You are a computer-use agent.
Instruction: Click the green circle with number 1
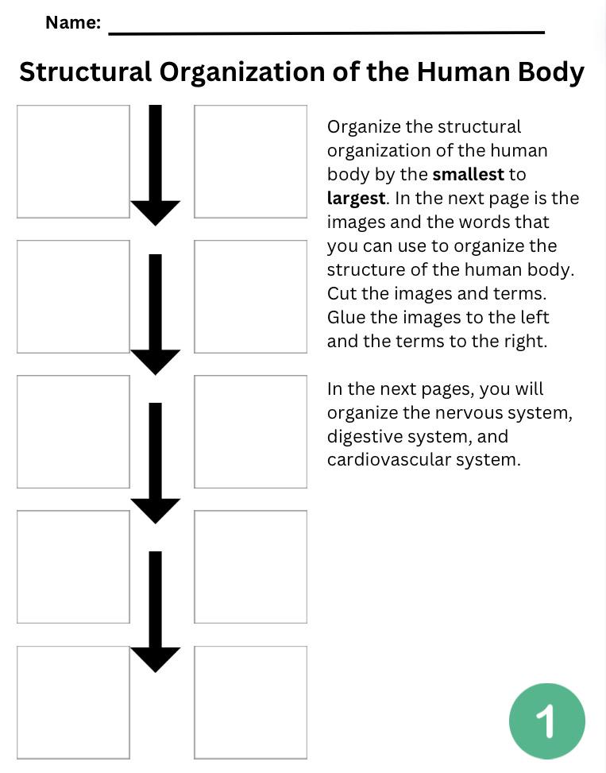click(546, 721)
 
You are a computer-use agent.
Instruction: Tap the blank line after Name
click(326, 30)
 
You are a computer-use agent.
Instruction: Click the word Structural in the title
click(85, 72)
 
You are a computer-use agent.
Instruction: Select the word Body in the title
click(550, 72)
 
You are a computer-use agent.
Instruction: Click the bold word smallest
click(468, 174)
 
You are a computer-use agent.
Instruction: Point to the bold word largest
click(355, 198)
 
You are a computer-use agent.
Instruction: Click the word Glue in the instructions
click(345, 317)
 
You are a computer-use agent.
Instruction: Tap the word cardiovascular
click(388, 460)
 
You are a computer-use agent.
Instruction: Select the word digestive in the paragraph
click(364, 436)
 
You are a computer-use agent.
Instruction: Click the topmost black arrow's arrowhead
click(156, 211)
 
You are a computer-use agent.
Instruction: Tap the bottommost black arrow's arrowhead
click(156, 659)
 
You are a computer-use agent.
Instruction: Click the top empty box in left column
click(73, 161)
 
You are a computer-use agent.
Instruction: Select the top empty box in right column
click(250, 161)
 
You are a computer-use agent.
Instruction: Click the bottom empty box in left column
click(73, 702)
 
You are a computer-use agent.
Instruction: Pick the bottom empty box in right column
click(250, 702)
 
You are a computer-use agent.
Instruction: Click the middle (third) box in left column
click(73, 431)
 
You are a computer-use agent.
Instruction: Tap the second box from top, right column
click(250, 296)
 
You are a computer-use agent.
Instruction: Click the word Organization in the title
click(242, 72)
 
